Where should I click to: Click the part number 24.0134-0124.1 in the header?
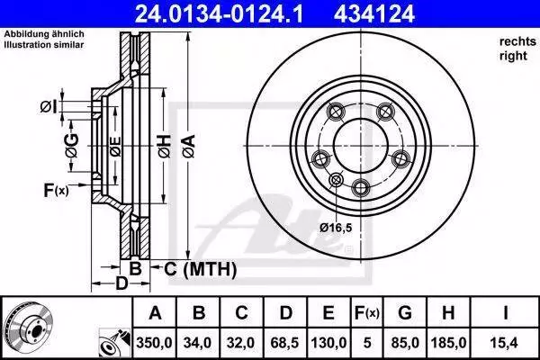[219, 13]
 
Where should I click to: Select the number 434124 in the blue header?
[374, 13]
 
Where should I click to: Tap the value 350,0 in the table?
[154, 343]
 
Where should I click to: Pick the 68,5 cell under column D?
[284, 343]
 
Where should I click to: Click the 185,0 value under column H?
[448, 343]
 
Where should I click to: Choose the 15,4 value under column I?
[505, 343]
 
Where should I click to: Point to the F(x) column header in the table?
[367, 313]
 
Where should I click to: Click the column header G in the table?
[405, 313]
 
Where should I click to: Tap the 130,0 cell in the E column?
[328, 343]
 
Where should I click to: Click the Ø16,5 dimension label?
[336, 228]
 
